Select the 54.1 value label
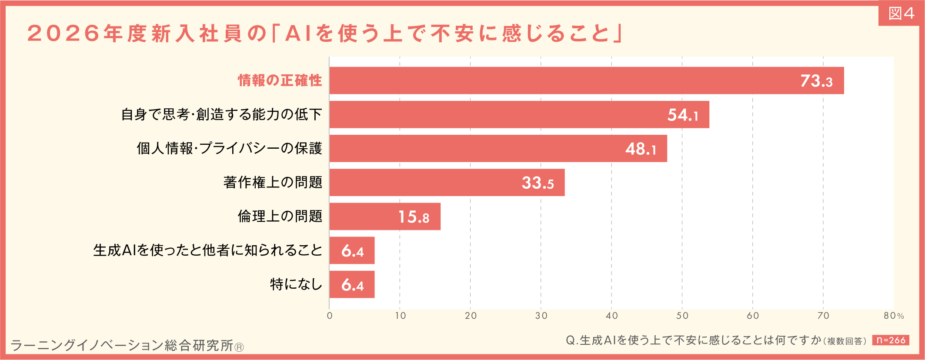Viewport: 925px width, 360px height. click(x=683, y=115)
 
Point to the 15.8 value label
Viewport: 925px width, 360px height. click(x=414, y=217)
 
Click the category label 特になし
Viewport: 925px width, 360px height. click(x=296, y=284)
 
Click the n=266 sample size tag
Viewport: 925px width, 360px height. click(x=890, y=340)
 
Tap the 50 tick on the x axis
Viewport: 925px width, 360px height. click(x=682, y=316)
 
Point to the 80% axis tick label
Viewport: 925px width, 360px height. click(x=894, y=316)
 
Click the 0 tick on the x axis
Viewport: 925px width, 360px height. click(x=330, y=316)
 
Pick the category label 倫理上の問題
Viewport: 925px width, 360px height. click(x=280, y=216)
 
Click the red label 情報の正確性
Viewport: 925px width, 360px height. click(x=280, y=80)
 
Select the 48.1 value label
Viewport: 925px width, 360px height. click(x=641, y=149)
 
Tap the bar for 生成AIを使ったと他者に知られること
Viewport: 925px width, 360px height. click(x=352, y=250)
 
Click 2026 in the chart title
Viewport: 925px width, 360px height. click(x=64, y=33)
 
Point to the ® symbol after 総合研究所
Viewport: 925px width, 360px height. click(x=239, y=347)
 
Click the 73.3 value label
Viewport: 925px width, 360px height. click(x=816, y=81)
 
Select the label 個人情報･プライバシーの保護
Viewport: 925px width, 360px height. click(x=229, y=148)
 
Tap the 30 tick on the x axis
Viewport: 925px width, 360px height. click(x=541, y=316)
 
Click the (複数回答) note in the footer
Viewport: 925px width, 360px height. click(x=846, y=341)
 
